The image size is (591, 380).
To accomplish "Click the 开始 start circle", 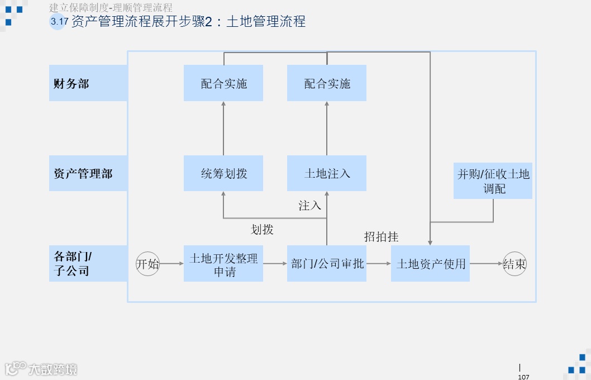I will click(x=148, y=264).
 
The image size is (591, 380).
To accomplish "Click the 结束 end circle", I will click(x=514, y=264).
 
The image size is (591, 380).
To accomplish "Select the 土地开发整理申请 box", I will click(x=223, y=264).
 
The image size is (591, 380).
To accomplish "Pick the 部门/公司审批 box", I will click(x=327, y=264).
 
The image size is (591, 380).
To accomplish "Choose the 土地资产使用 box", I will click(x=430, y=264).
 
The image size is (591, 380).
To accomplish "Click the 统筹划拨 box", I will click(x=223, y=174).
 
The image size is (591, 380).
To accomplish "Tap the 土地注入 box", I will click(x=327, y=174).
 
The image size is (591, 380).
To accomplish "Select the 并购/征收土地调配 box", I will click(x=493, y=181).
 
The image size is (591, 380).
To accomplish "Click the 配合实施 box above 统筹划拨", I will click(x=223, y=83).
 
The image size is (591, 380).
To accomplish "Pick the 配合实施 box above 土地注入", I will click(x=327, y=83).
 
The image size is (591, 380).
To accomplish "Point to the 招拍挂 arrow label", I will click(x=381, y=237).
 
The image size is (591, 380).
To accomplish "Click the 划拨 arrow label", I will click(x=262, y=229).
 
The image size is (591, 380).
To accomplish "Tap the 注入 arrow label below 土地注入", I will click(x=309, y=206).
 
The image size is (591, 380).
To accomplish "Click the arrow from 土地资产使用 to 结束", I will click(x=486, y=264).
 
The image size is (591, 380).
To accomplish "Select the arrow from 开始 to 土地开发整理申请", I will click(x=171, y=264).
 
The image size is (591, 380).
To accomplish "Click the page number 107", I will click(x=523, y=377).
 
